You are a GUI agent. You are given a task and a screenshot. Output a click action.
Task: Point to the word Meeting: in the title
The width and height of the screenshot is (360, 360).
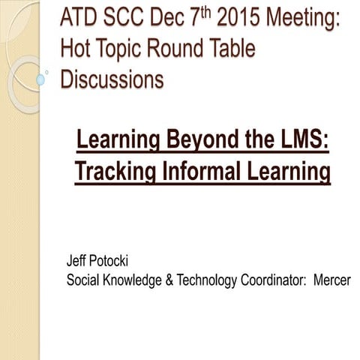tap(307, 18)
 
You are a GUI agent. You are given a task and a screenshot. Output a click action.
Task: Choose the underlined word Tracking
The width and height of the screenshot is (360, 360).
tap(116, 172)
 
